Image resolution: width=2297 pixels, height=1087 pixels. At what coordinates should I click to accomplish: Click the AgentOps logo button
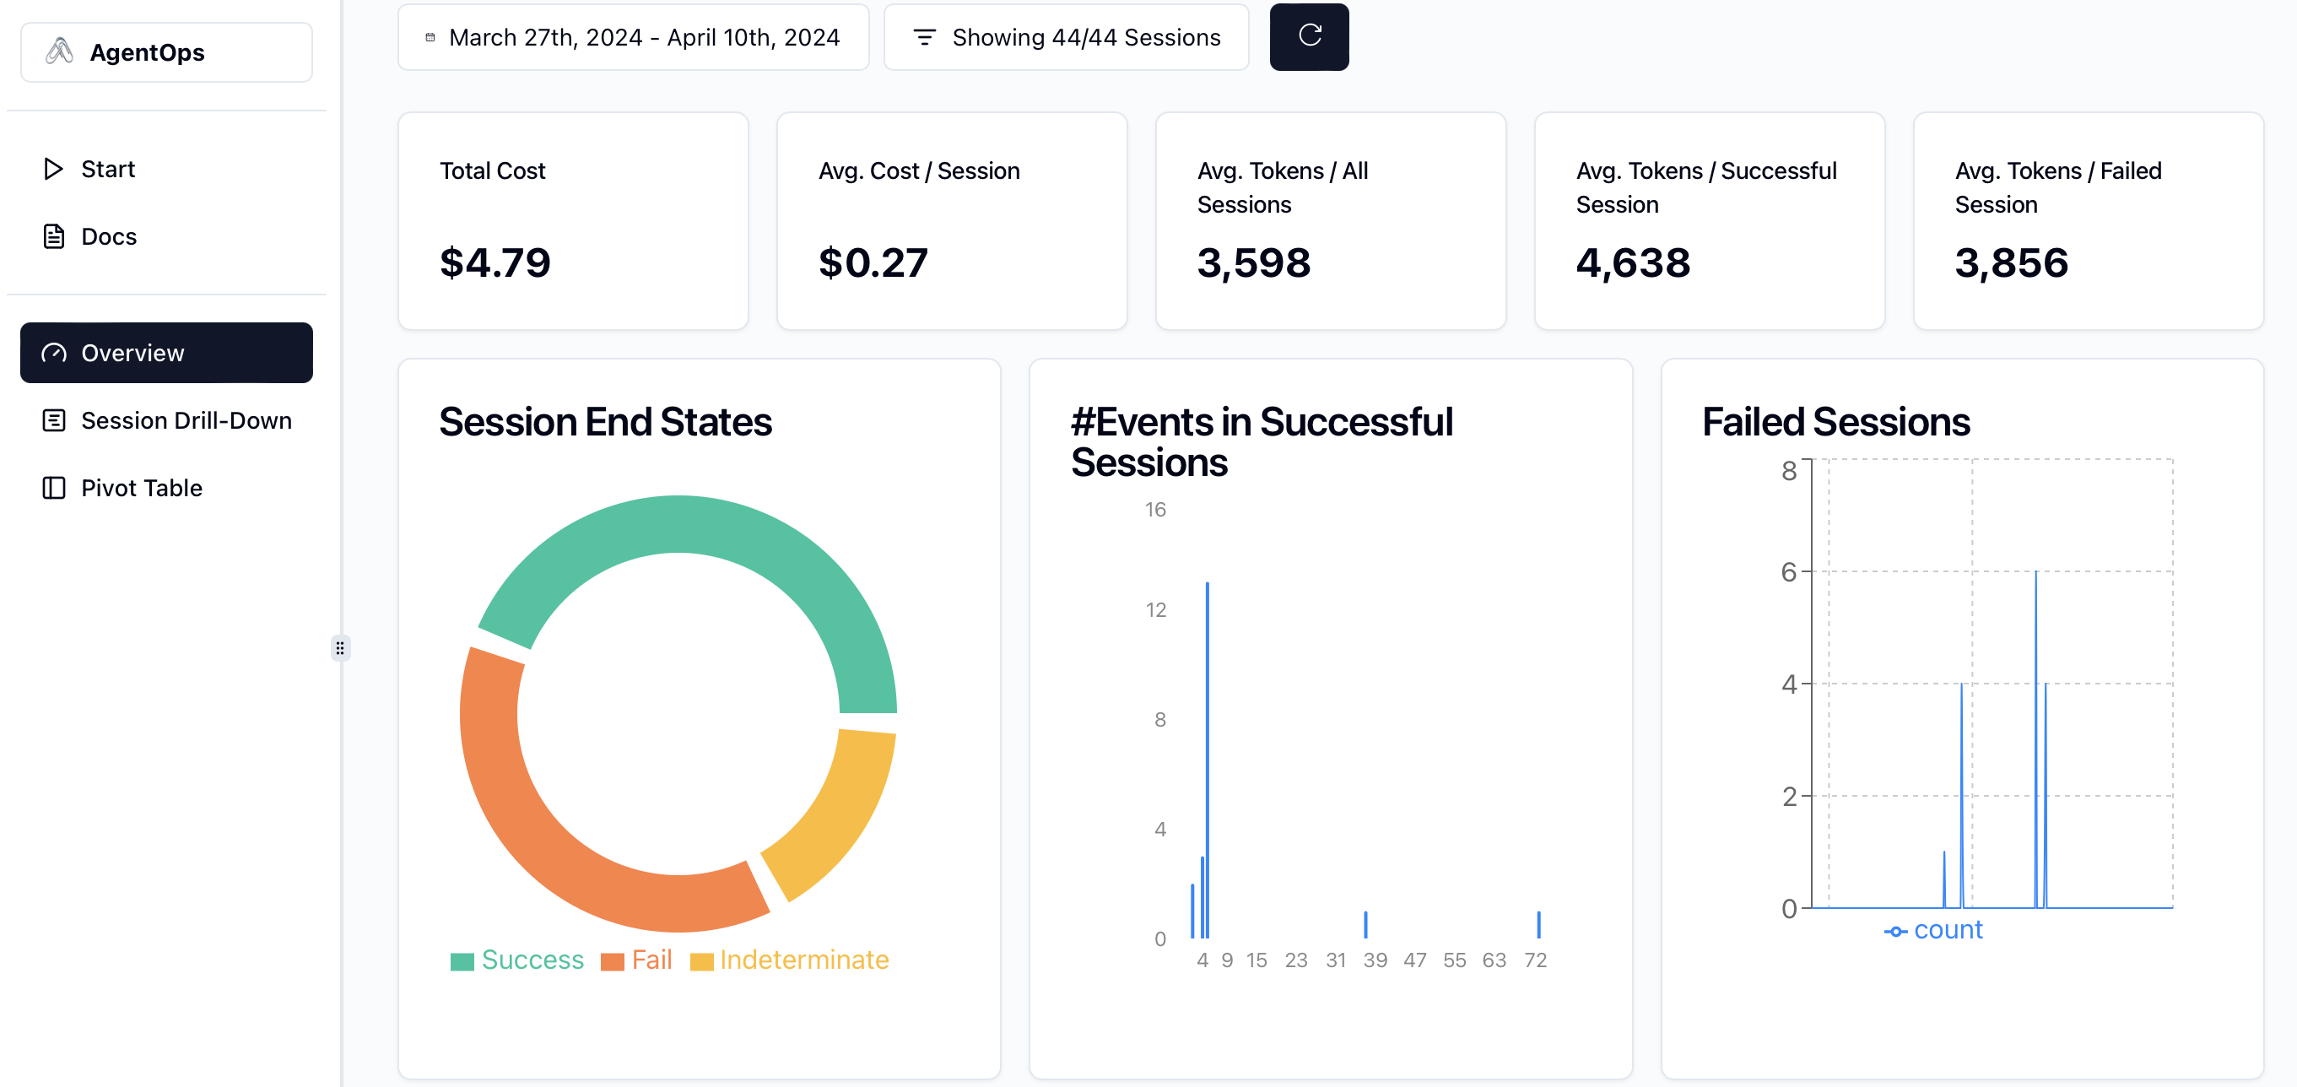(x=166, y=52)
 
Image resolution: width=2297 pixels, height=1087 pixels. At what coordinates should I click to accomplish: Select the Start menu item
(x=107, y=169)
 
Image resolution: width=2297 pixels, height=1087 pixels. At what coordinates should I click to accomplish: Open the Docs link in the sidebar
(x=108, y=236)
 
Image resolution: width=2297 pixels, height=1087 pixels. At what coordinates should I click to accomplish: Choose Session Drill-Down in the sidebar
(x=186, y=420)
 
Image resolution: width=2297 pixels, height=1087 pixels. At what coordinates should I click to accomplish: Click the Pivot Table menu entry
(x=141, y=488)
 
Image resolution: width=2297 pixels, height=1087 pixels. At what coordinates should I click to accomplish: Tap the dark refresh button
(x=1308, y=36)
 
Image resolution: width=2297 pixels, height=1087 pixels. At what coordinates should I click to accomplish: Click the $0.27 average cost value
(x=873, y=263)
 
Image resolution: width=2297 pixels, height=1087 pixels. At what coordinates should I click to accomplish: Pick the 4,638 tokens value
(x=1633, y=263)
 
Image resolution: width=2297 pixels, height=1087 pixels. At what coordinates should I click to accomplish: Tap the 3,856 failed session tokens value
(x=2011, y=263)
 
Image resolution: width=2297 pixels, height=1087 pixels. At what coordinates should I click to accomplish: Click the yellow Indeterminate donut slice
(x=834, y=807)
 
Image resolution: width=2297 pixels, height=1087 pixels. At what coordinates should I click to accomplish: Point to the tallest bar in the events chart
(x=1208, y=758)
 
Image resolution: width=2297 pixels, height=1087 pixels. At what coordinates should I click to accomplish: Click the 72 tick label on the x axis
(x=1535, y=960)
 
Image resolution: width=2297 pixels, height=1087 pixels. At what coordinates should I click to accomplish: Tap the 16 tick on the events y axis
(x=1154, y=509)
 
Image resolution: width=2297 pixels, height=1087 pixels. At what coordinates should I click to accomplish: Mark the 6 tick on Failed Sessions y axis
(x=1789, y=571)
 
